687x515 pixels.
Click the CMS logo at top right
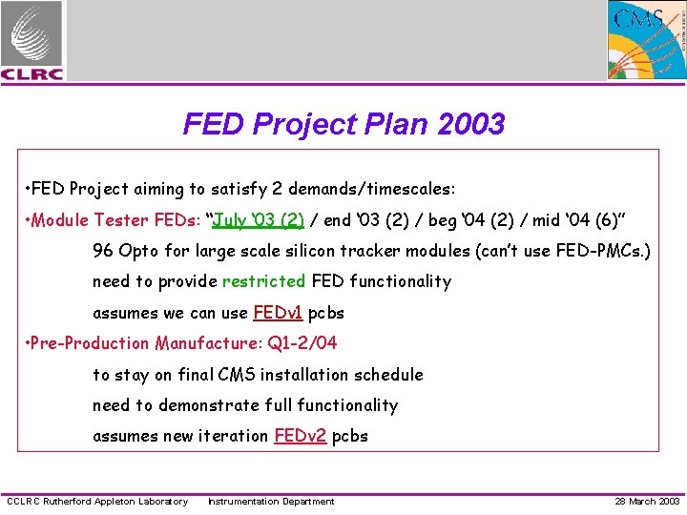pos(647,39)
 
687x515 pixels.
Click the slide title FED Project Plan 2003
pos(343,124)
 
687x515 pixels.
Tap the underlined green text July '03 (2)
pos(259,220)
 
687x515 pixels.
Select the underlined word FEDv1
pos(278,313)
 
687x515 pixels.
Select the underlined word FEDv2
pos(300,436)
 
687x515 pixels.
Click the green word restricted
pos(263,281)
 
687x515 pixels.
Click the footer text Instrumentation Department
pos(271,502)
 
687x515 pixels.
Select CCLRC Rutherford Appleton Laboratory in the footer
pos(97,502)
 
